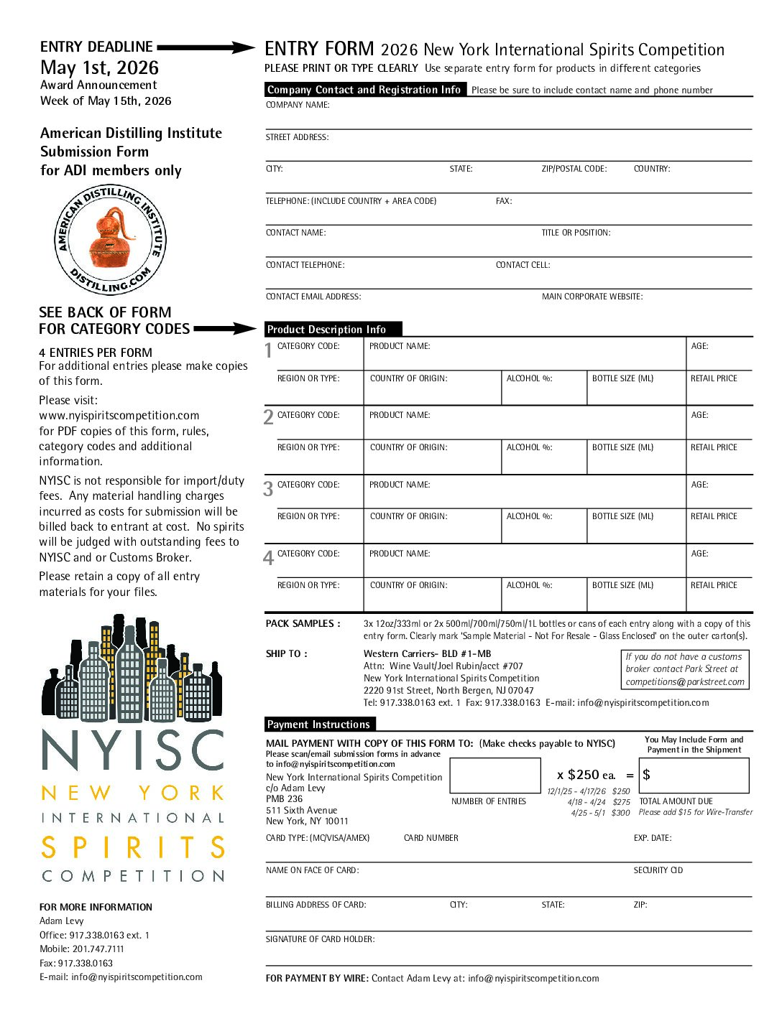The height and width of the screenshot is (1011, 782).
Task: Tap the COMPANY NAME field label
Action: [x=298, y=105]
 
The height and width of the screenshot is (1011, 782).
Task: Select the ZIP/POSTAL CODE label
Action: [x=574, y=169]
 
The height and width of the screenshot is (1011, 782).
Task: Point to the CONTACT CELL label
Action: [x=523, y=265]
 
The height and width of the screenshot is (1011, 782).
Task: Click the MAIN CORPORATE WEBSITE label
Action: [x=592, y=297]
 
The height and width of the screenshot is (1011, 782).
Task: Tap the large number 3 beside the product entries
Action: [x=268, y=490]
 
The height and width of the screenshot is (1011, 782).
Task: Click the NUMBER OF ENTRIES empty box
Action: [x=494, y=775]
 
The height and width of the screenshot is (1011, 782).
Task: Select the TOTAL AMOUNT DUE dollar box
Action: [x=694, y=775]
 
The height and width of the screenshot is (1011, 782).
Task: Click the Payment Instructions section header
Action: [x=319, y=725]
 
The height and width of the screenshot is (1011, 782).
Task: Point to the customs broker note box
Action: [x=685, y=669]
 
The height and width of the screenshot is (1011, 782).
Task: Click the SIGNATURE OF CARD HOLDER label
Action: [x=320, y=939]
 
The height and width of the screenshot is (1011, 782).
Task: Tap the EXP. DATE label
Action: [x=653, y=838]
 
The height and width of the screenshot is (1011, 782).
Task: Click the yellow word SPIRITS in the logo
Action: [x=133, y=847]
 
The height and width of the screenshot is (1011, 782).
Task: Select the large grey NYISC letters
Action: [x=133, y=751]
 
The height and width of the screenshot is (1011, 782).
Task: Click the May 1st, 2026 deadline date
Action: [x=99, y=67]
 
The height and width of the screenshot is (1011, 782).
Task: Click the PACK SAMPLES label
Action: [x=303, y=624]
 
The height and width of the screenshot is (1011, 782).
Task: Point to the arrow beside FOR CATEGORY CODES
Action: [x=224, y=329]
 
